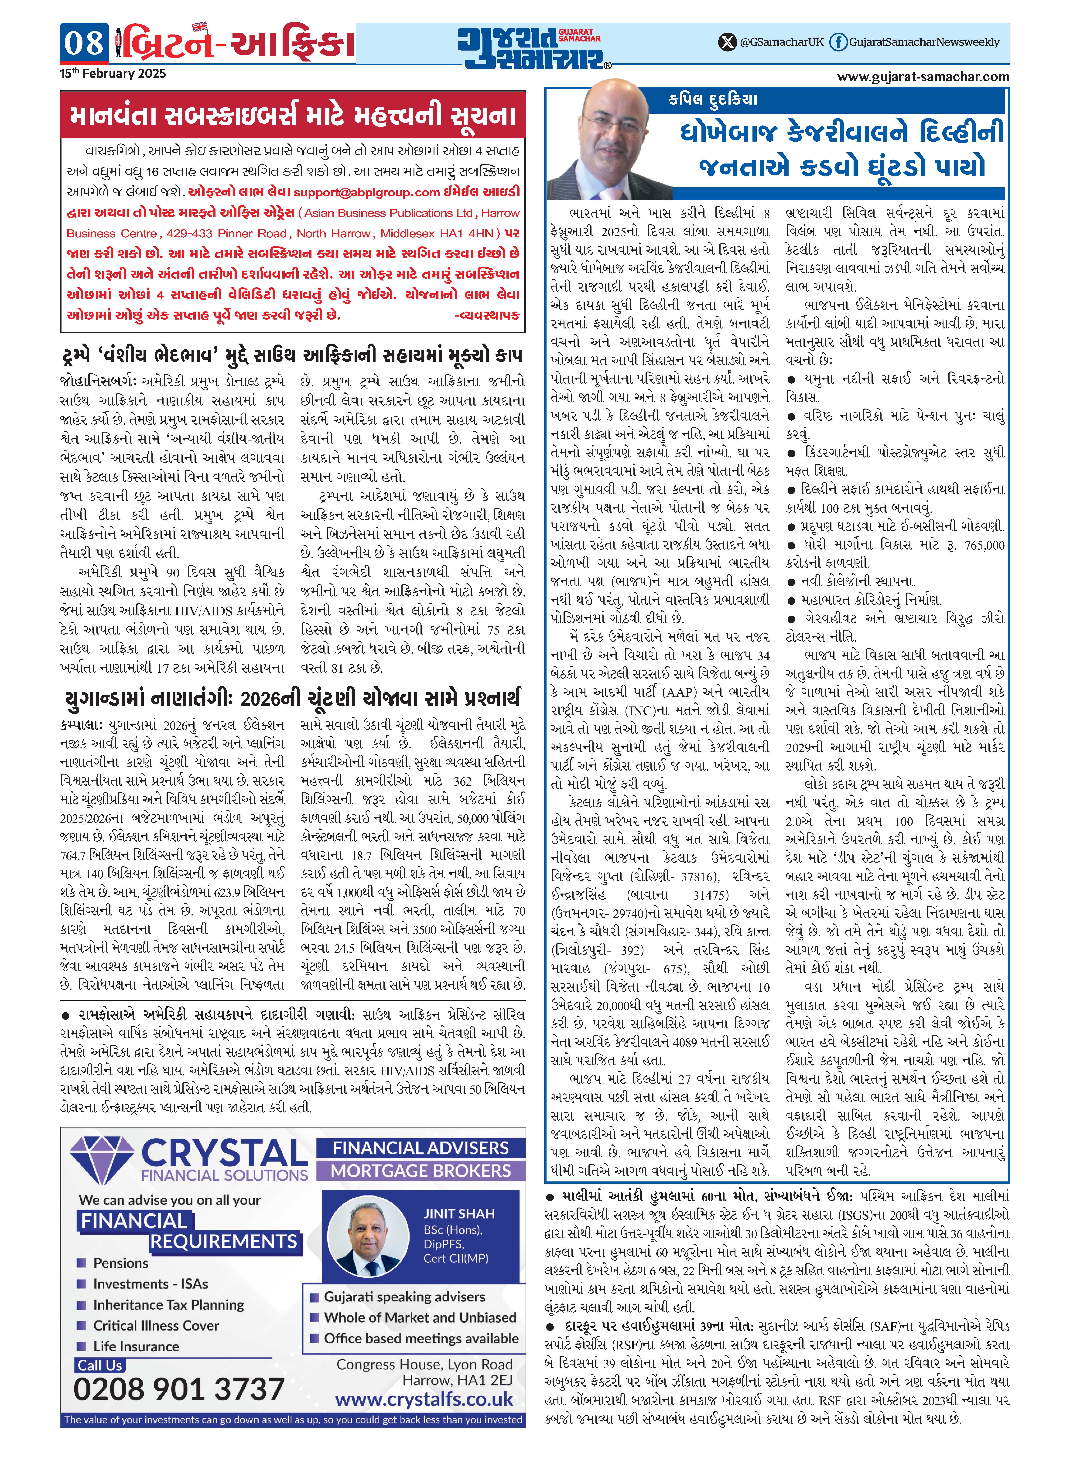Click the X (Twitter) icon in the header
[728, 42]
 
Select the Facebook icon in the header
[838, 42]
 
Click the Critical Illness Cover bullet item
[155, 1325]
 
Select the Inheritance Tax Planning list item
[168, 1305]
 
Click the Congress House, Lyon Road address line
[424, 1364]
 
